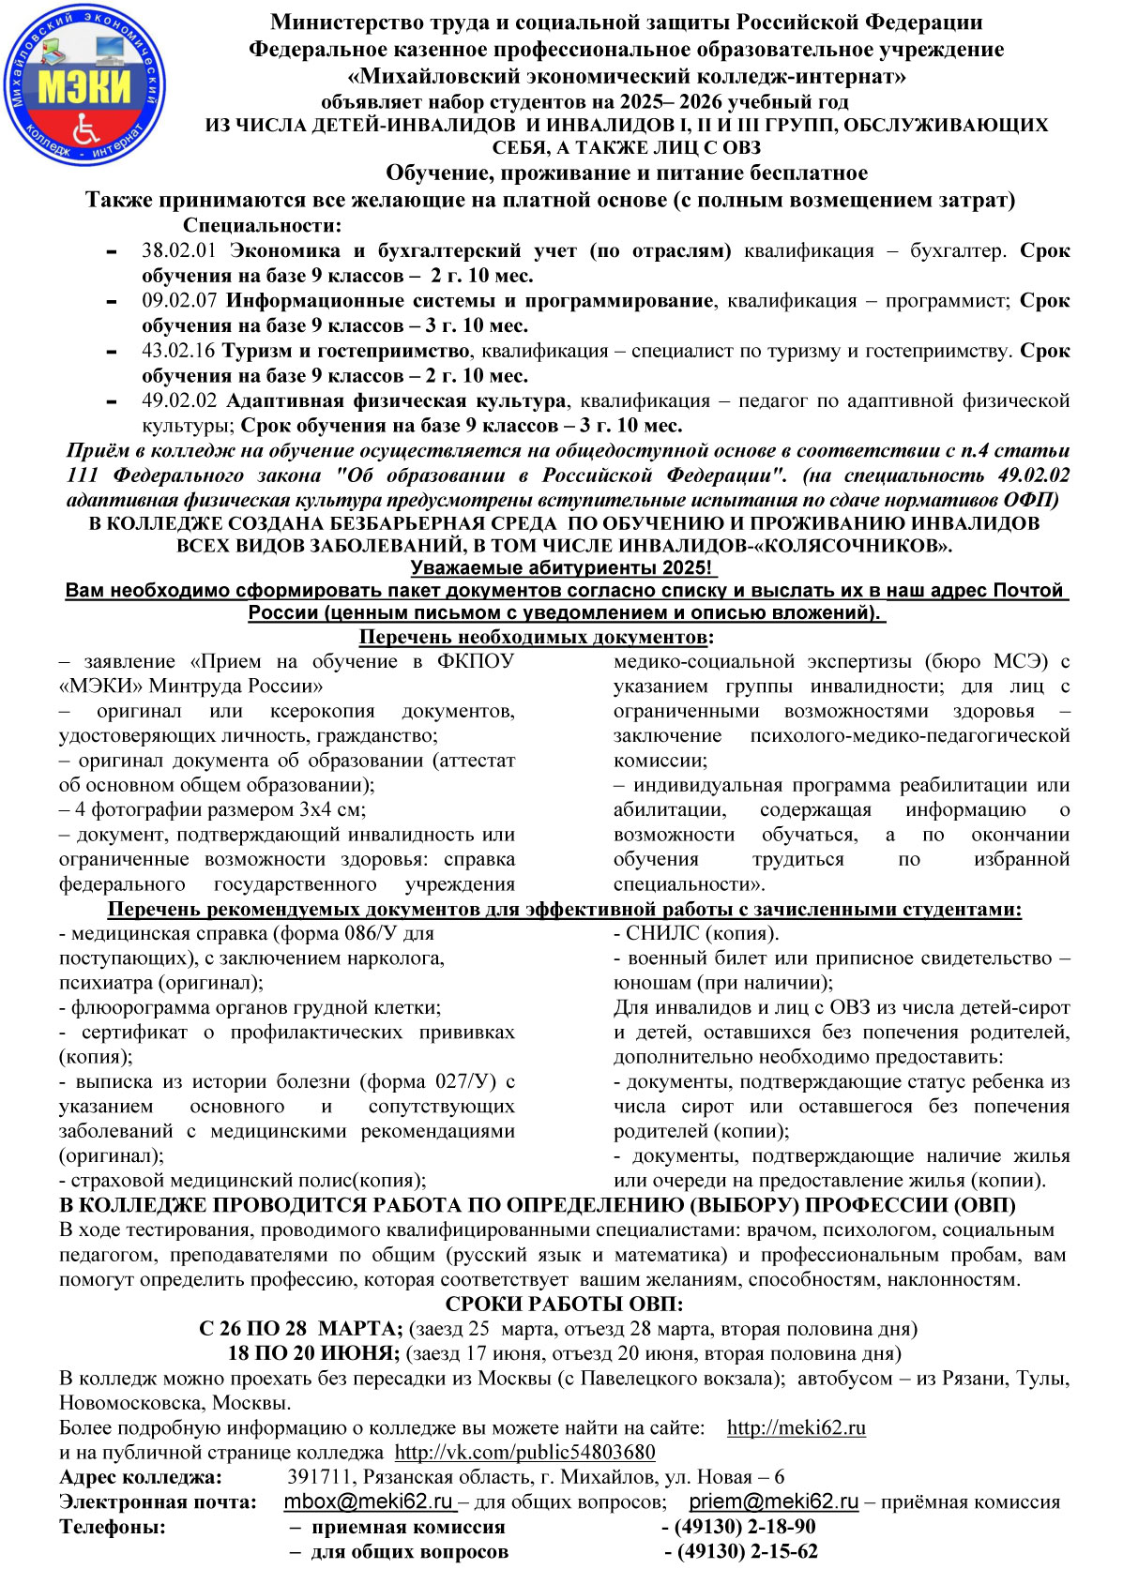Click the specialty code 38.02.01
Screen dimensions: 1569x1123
(178, 251)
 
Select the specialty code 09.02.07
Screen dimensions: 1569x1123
(178, 301)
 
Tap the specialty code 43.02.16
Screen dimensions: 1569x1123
(178, 351)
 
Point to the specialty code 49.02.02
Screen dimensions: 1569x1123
(178, 400)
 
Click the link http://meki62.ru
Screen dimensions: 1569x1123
(796, 1427)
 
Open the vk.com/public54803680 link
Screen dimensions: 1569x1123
(524, 1452)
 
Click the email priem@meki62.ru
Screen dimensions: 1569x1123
(774, 1501)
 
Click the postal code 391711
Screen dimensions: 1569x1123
(316, 1477)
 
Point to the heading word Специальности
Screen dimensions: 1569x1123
(262, 225)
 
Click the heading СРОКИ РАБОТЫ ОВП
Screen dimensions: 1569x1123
(564, 1304)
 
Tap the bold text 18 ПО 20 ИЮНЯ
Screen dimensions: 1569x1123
(314, 1353)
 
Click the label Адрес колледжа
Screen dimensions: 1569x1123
(141, 1477)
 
